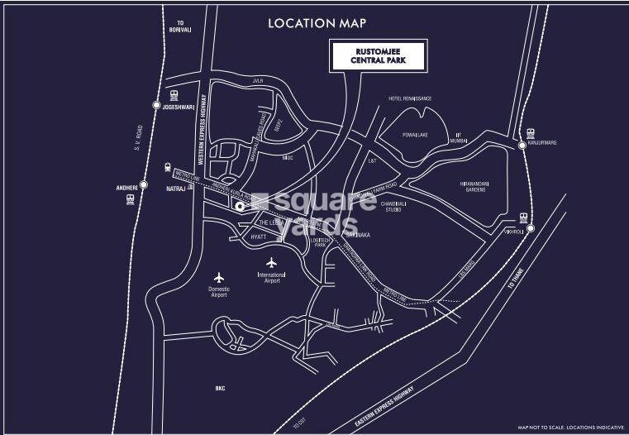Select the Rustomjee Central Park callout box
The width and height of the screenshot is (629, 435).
(379, 58)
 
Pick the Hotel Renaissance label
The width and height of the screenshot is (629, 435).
(410, 99)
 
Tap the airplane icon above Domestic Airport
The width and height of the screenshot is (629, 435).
(219, 276)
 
